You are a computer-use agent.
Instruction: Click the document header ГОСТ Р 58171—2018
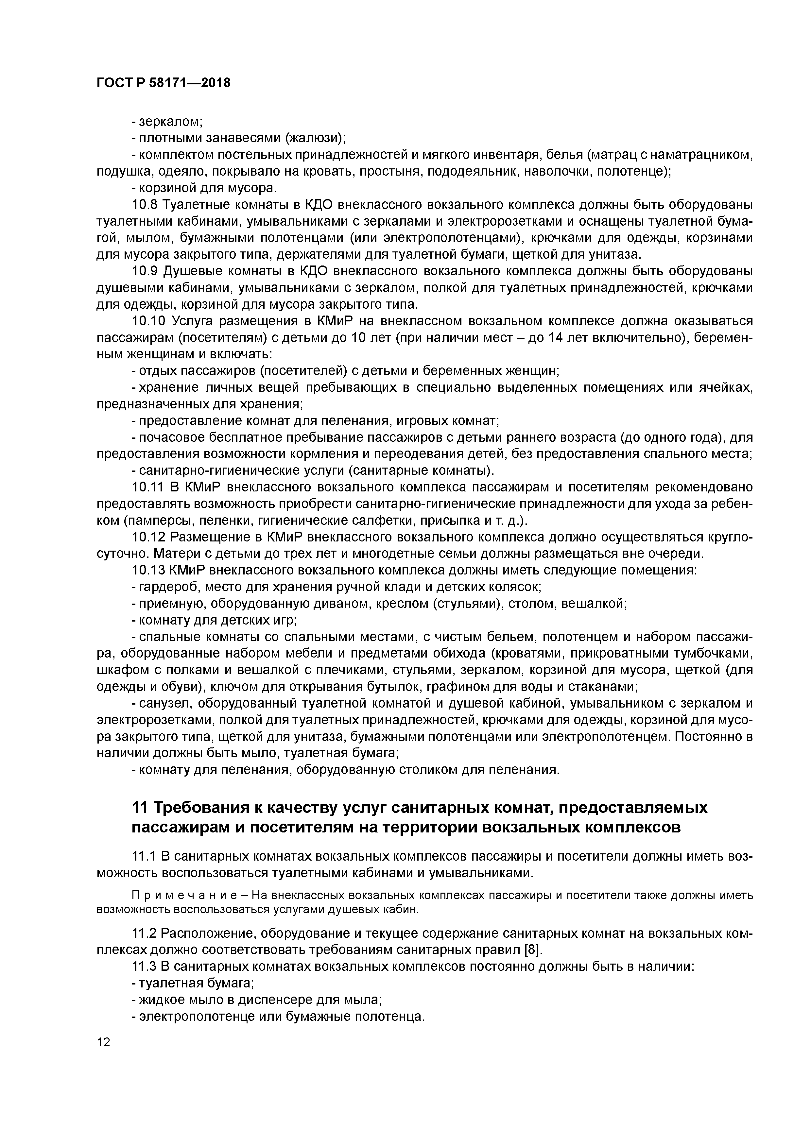click(x=164, y=83)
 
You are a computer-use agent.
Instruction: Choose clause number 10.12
click(x=148, y=537)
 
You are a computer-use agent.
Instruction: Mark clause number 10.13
click(x=148, y=570)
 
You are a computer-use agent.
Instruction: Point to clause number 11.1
click(x=144, y=856)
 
